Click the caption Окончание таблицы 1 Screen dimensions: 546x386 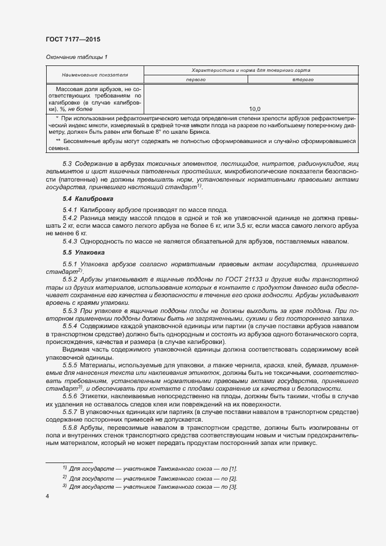76,57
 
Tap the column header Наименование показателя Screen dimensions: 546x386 95,75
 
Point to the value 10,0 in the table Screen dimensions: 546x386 255,109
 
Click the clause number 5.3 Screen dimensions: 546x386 67,165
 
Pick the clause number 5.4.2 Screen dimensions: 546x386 70,217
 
